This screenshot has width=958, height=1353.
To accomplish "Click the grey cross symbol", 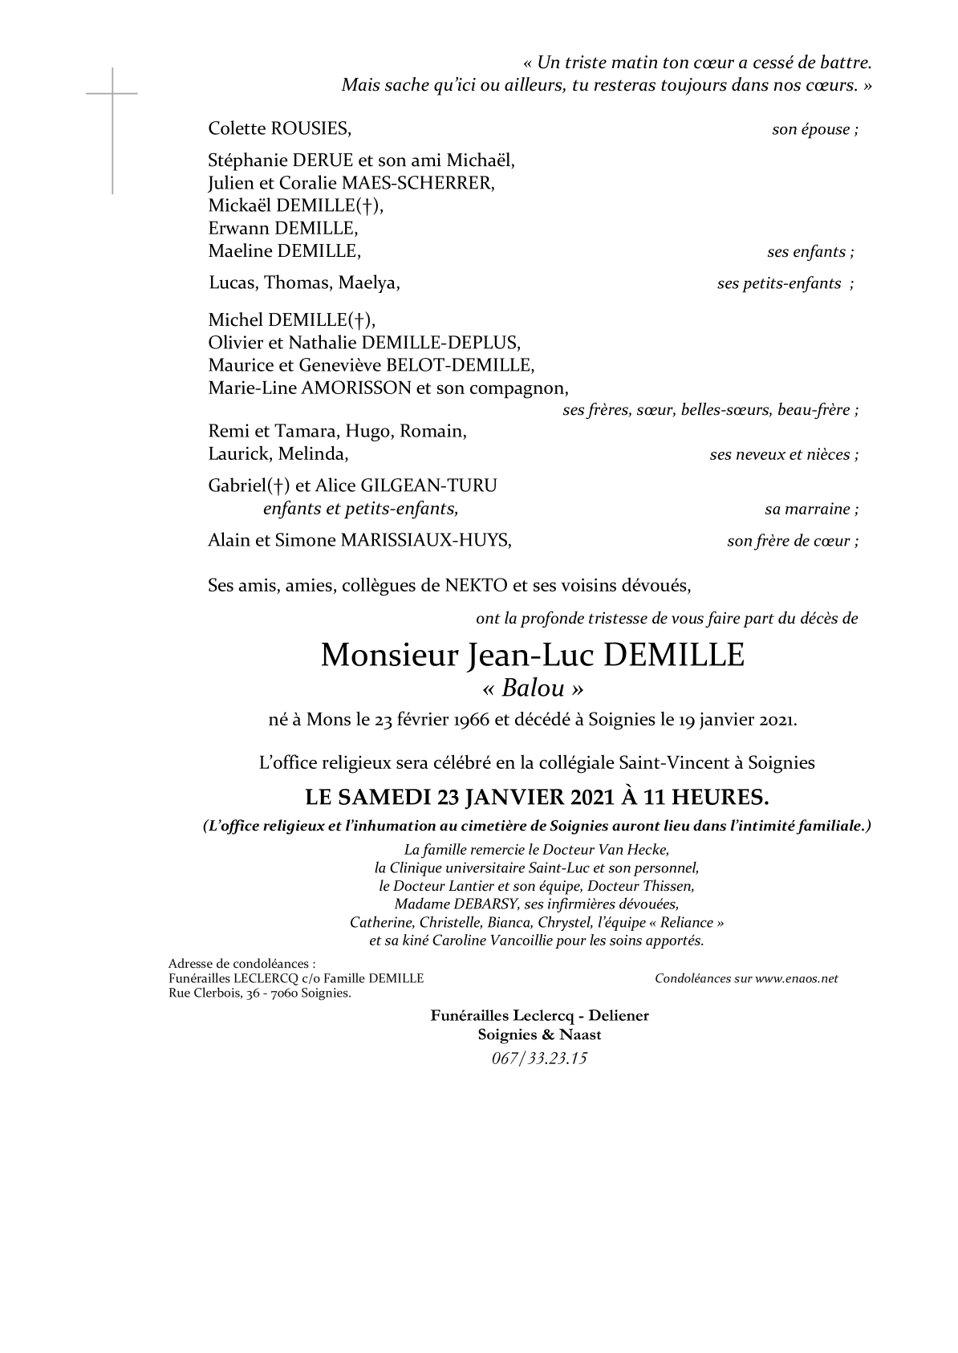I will point(112,95).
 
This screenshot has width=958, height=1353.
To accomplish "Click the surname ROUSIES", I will point(311,128).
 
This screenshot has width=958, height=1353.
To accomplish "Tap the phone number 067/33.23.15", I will point(539,1058).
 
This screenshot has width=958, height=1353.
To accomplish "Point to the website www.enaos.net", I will point(796,978).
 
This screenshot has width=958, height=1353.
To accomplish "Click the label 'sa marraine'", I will point(808,510).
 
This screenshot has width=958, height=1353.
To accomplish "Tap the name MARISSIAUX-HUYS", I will point(425,540).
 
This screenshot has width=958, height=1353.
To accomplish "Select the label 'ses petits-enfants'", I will point(779,283).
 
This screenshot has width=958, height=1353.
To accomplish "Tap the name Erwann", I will point(238,229).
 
